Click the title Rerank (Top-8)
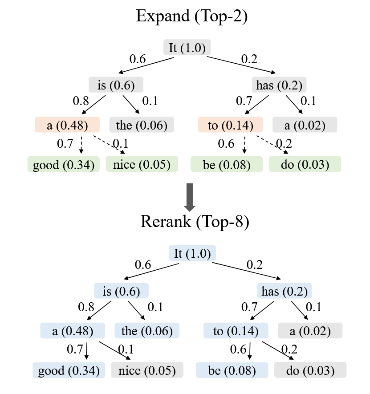click(x=195, y=221)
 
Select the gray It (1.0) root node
click(x=187, y=48)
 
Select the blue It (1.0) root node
click(x=192, y=254)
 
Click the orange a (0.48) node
click(x=67, y=125)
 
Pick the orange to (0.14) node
click(x=230, y=125)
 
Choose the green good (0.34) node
click(x=63, y=165)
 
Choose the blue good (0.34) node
click(x=69, y=370)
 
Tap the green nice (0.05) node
click(x=142, y=165)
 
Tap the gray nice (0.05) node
click(x=147, y=370)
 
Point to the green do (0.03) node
click(x=305, y=165)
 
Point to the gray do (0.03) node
click(x=310, y=370)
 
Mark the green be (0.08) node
click(x=227, y=165)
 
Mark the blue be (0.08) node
click(x=232, y=370)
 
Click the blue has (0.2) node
click(x=285, y=291)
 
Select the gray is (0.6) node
click(x=116, y=85)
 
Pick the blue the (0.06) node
click(x=147, y=331)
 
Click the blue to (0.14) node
click(x=236, y=331)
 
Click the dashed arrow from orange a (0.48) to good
click(x=81, y=144)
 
